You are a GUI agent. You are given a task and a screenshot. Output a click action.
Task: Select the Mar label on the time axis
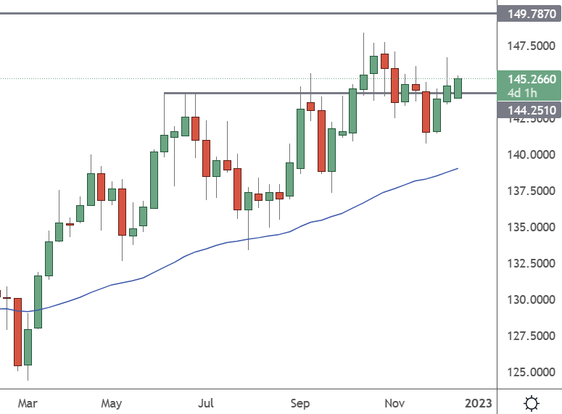[28, 402]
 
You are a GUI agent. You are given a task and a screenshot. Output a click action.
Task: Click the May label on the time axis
[111, 402]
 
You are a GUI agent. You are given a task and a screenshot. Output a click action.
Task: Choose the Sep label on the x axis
[299, 402]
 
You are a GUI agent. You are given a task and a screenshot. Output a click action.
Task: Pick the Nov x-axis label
[394, 402]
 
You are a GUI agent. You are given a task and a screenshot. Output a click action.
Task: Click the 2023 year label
[478, 402]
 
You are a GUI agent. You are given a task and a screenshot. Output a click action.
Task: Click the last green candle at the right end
[458, 88]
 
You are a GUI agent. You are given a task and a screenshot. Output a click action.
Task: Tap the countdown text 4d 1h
[523, 93]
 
